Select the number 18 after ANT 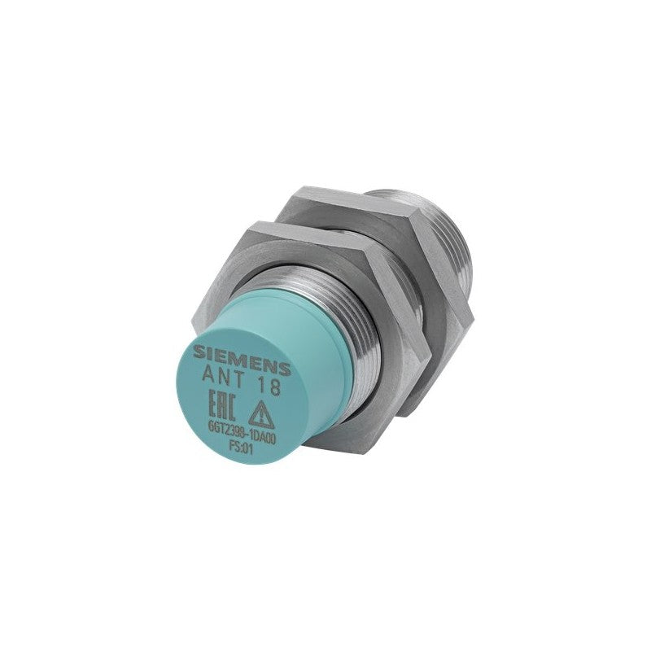(x=269, y=387)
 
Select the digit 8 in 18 (x=275, y=387)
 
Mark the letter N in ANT (x=221, y=376)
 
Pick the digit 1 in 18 (x=261, y=385)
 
